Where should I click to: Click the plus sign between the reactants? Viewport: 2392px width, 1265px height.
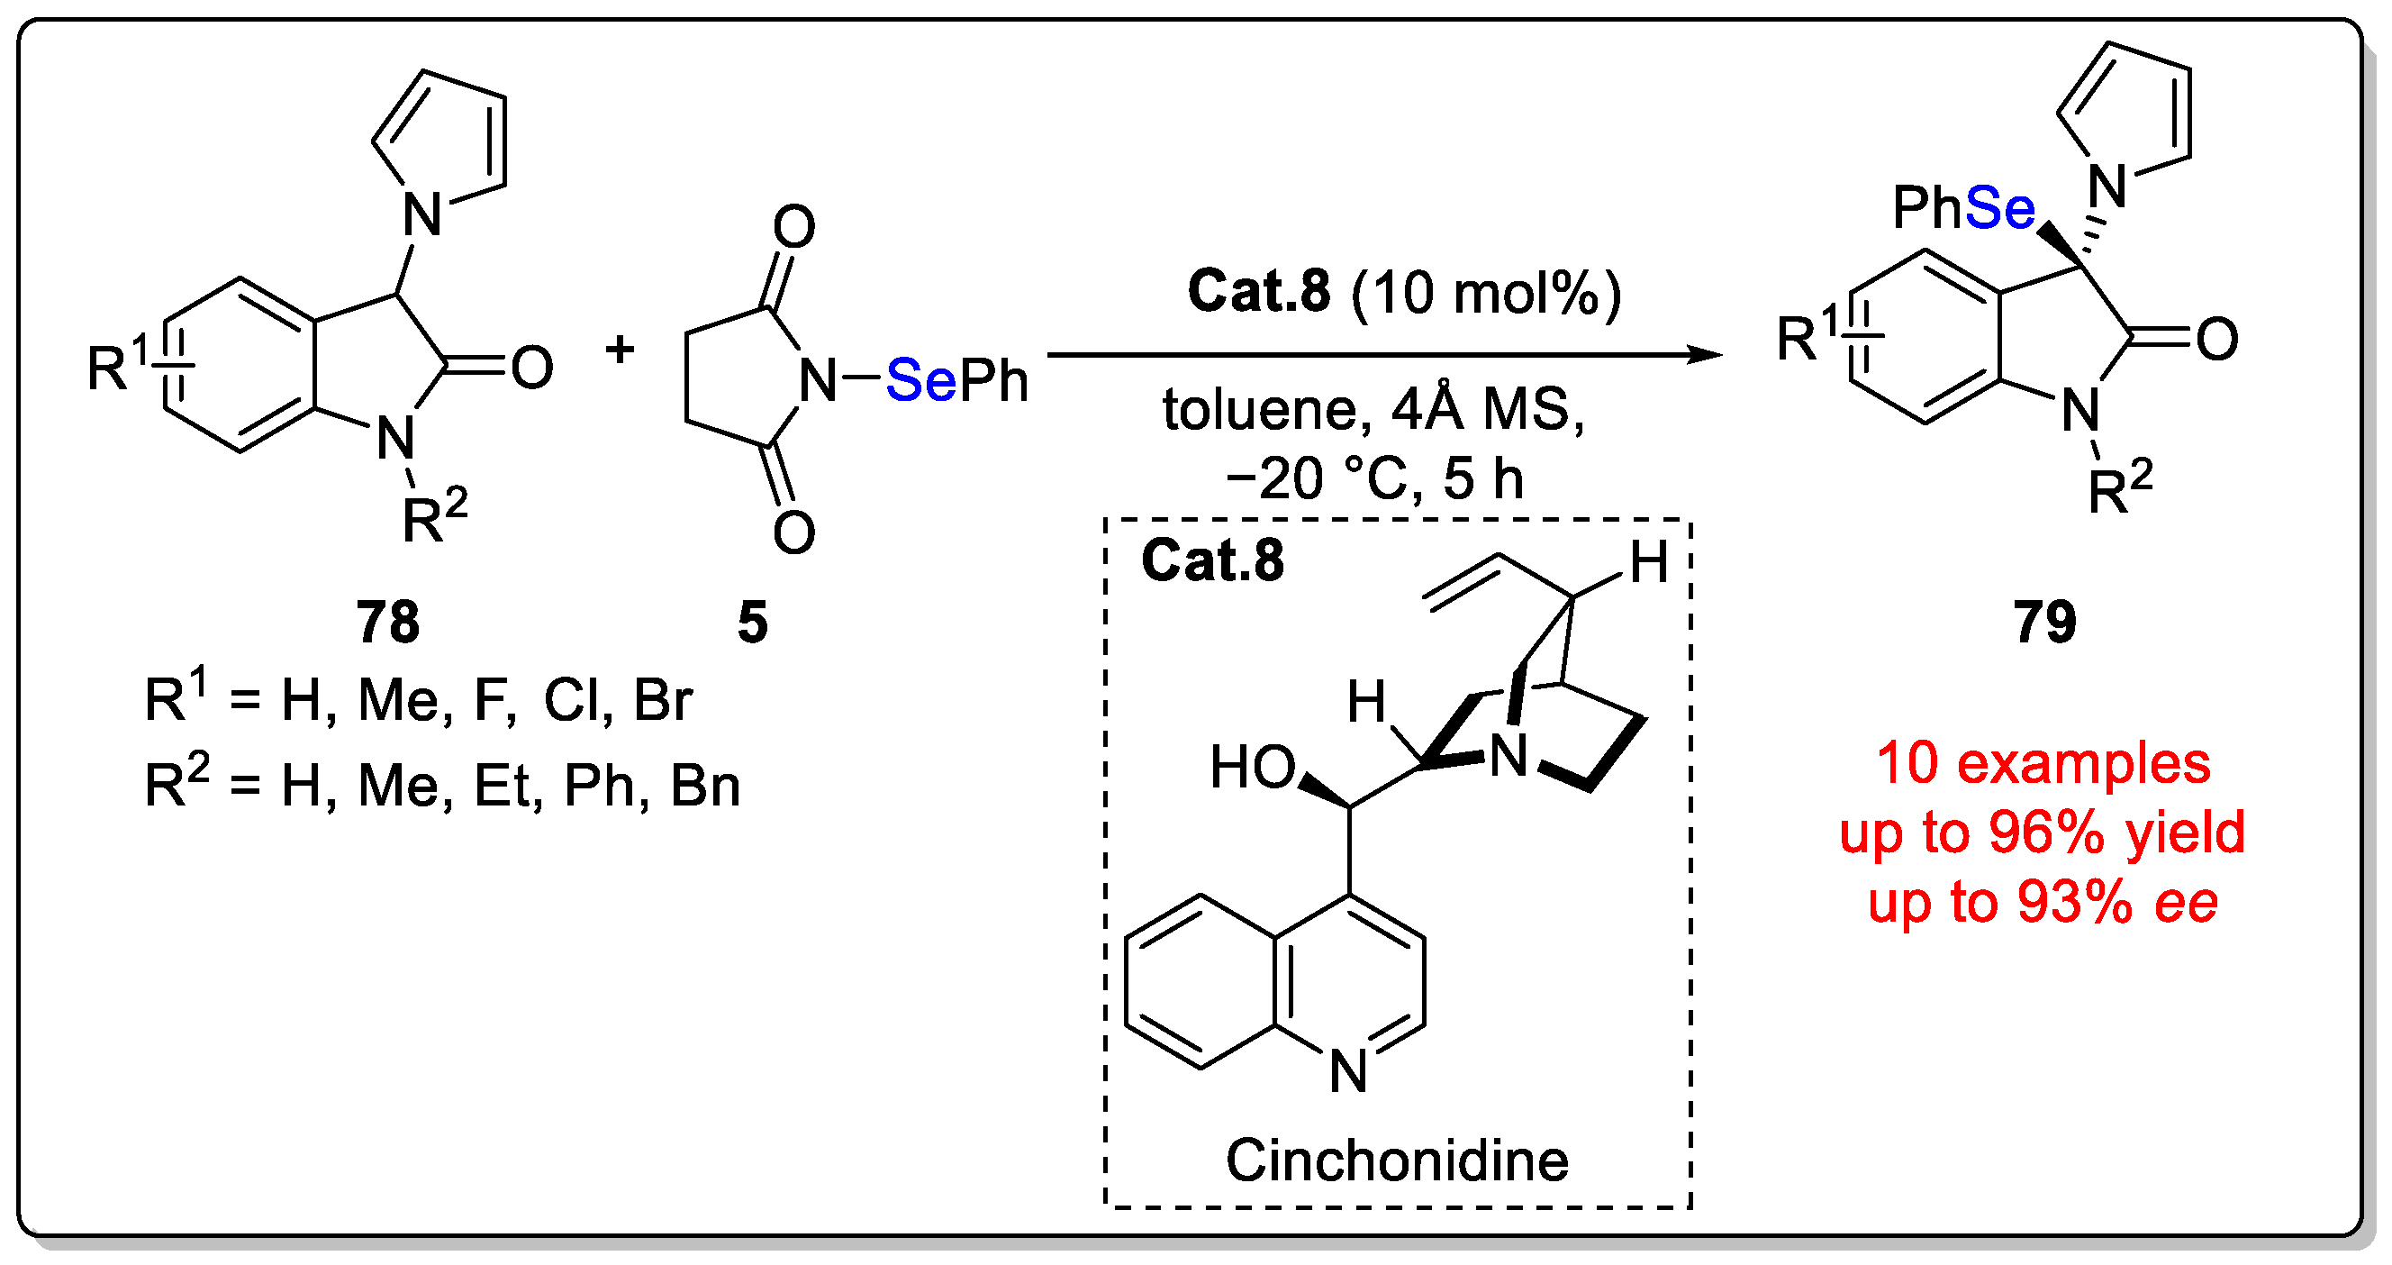click(x=620, y=350)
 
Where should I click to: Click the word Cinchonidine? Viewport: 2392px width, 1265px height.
click(x=1397, y=1161)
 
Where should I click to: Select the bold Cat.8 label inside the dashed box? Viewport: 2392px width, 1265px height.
click(x=1212, y=560)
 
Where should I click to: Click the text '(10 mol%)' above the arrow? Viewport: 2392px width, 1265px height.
click(x=1486, y=293)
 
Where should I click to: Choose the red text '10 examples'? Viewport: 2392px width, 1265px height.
click(x=2043, y=763)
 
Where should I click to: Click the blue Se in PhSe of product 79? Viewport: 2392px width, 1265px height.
click(x=1999, y=207)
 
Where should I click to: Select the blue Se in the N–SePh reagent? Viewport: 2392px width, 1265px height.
click(x=920, y=380)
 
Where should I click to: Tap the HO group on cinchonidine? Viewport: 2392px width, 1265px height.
click(x=1252, y=769)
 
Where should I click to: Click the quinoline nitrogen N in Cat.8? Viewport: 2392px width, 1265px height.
click(x=1348, y=1071)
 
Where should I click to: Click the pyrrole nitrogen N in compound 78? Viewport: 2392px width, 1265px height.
click(x=422, y=214)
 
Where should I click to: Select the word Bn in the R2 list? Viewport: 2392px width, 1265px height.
click(x=705, y=787)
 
